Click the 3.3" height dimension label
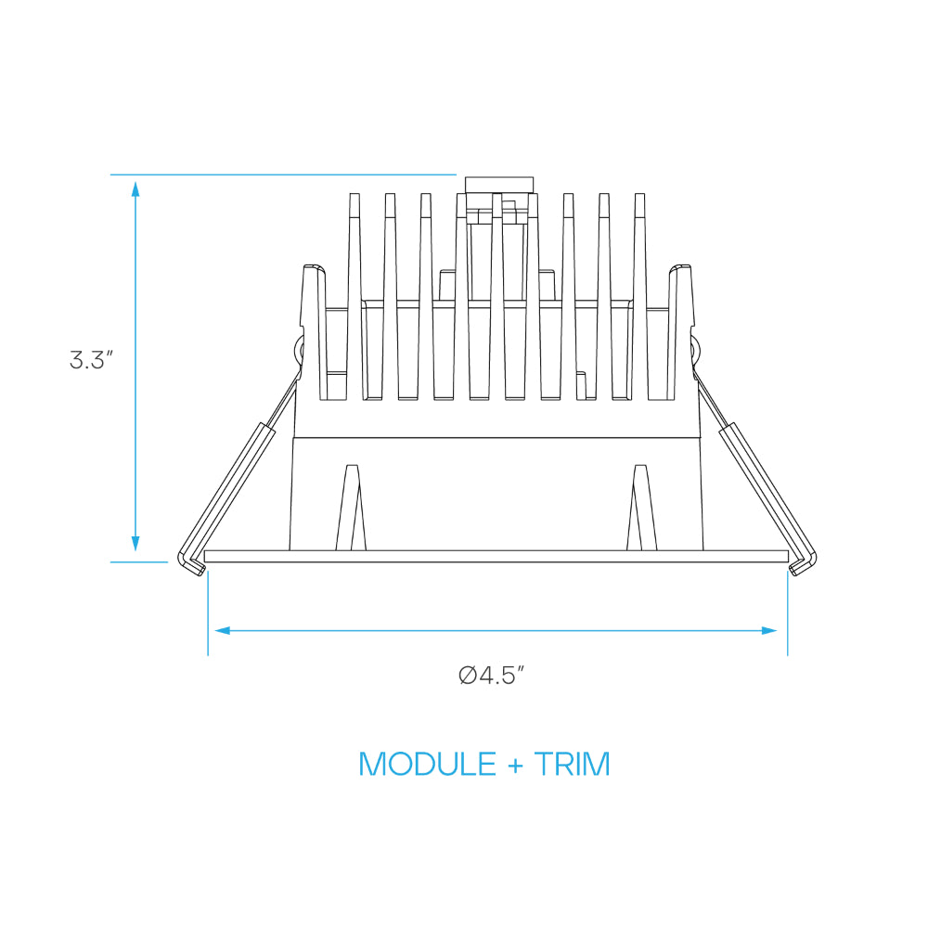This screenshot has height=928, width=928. (x=91, y=360)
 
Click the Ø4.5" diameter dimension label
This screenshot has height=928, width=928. (x=492, y=675)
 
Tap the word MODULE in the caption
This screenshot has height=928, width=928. (x=427, y=764)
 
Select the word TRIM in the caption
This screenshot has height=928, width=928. (x=572, y=764)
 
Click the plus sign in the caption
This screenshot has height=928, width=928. (x=515, y=766)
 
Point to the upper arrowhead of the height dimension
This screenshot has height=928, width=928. (x=135, y=189)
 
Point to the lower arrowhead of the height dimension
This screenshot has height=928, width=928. (x=135, y=543)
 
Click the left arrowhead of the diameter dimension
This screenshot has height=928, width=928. (x=223, y=631)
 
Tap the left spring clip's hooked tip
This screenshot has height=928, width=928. (x=192, y=564)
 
